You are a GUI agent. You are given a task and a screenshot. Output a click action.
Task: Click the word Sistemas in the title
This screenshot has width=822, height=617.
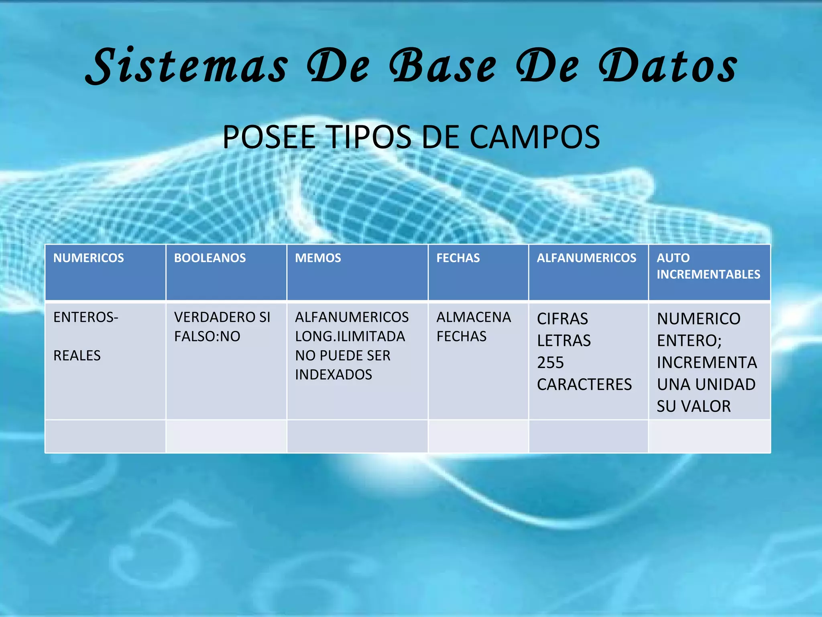click(x=187, y=66)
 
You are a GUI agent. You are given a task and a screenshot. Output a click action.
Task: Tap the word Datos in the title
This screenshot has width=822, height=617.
click(x=668, y=66)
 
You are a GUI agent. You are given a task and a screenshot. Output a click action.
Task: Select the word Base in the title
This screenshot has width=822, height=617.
click(x=443, y=66)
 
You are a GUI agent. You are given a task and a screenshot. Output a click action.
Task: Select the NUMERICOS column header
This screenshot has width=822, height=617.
click(x=89, y=258)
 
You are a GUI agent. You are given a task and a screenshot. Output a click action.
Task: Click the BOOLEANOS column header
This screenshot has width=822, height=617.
click(x=210, y=258)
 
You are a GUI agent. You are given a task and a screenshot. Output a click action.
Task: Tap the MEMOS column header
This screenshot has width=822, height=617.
click(x=318, y=258)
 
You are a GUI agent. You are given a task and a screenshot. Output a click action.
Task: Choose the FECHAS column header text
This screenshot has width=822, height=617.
click(x=458, y=258)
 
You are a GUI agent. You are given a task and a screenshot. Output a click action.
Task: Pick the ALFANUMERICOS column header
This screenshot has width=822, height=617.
click(x=586, y=258)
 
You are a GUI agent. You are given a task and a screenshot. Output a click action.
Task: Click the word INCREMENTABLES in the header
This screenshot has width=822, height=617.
click(x=708, y=274)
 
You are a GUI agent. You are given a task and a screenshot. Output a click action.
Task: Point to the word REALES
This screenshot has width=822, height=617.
click(x=77, y=355)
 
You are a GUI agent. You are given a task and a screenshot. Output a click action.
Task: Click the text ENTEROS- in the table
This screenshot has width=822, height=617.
click(x=86, y=317)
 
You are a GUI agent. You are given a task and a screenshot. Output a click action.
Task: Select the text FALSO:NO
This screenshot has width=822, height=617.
click(x=207, y=336)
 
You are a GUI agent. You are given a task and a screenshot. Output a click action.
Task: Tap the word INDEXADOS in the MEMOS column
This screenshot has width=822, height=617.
click(x=334, y=375)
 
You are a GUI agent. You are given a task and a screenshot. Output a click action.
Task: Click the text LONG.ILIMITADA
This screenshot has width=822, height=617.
click(x=350, y=336)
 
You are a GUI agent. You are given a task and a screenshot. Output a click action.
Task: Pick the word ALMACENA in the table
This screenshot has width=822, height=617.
click(x=474, y=317)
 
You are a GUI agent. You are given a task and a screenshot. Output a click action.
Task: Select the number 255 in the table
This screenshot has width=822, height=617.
click(x=550, y=363)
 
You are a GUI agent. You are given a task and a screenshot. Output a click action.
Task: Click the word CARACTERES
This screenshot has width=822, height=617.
click(x=584, y=384)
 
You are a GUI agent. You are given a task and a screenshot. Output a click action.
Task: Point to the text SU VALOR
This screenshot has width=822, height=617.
click(x=694, y=406)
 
